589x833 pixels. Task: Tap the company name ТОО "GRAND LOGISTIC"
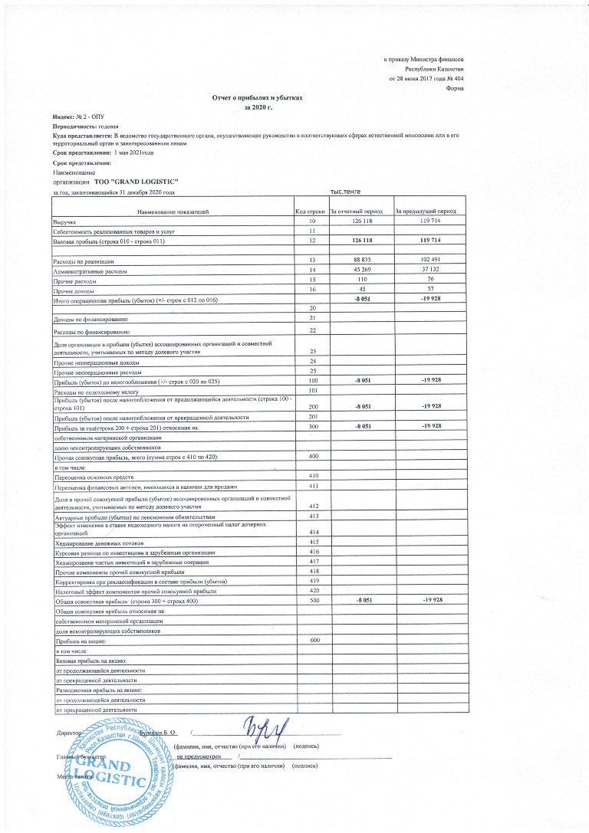[x=137, y=182]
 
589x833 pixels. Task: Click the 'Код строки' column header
[x=311, y=211]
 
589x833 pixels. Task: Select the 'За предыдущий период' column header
[x=426, y=211]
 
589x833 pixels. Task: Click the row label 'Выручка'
[x=64, y=221]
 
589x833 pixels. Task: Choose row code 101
[x=312, y=390]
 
